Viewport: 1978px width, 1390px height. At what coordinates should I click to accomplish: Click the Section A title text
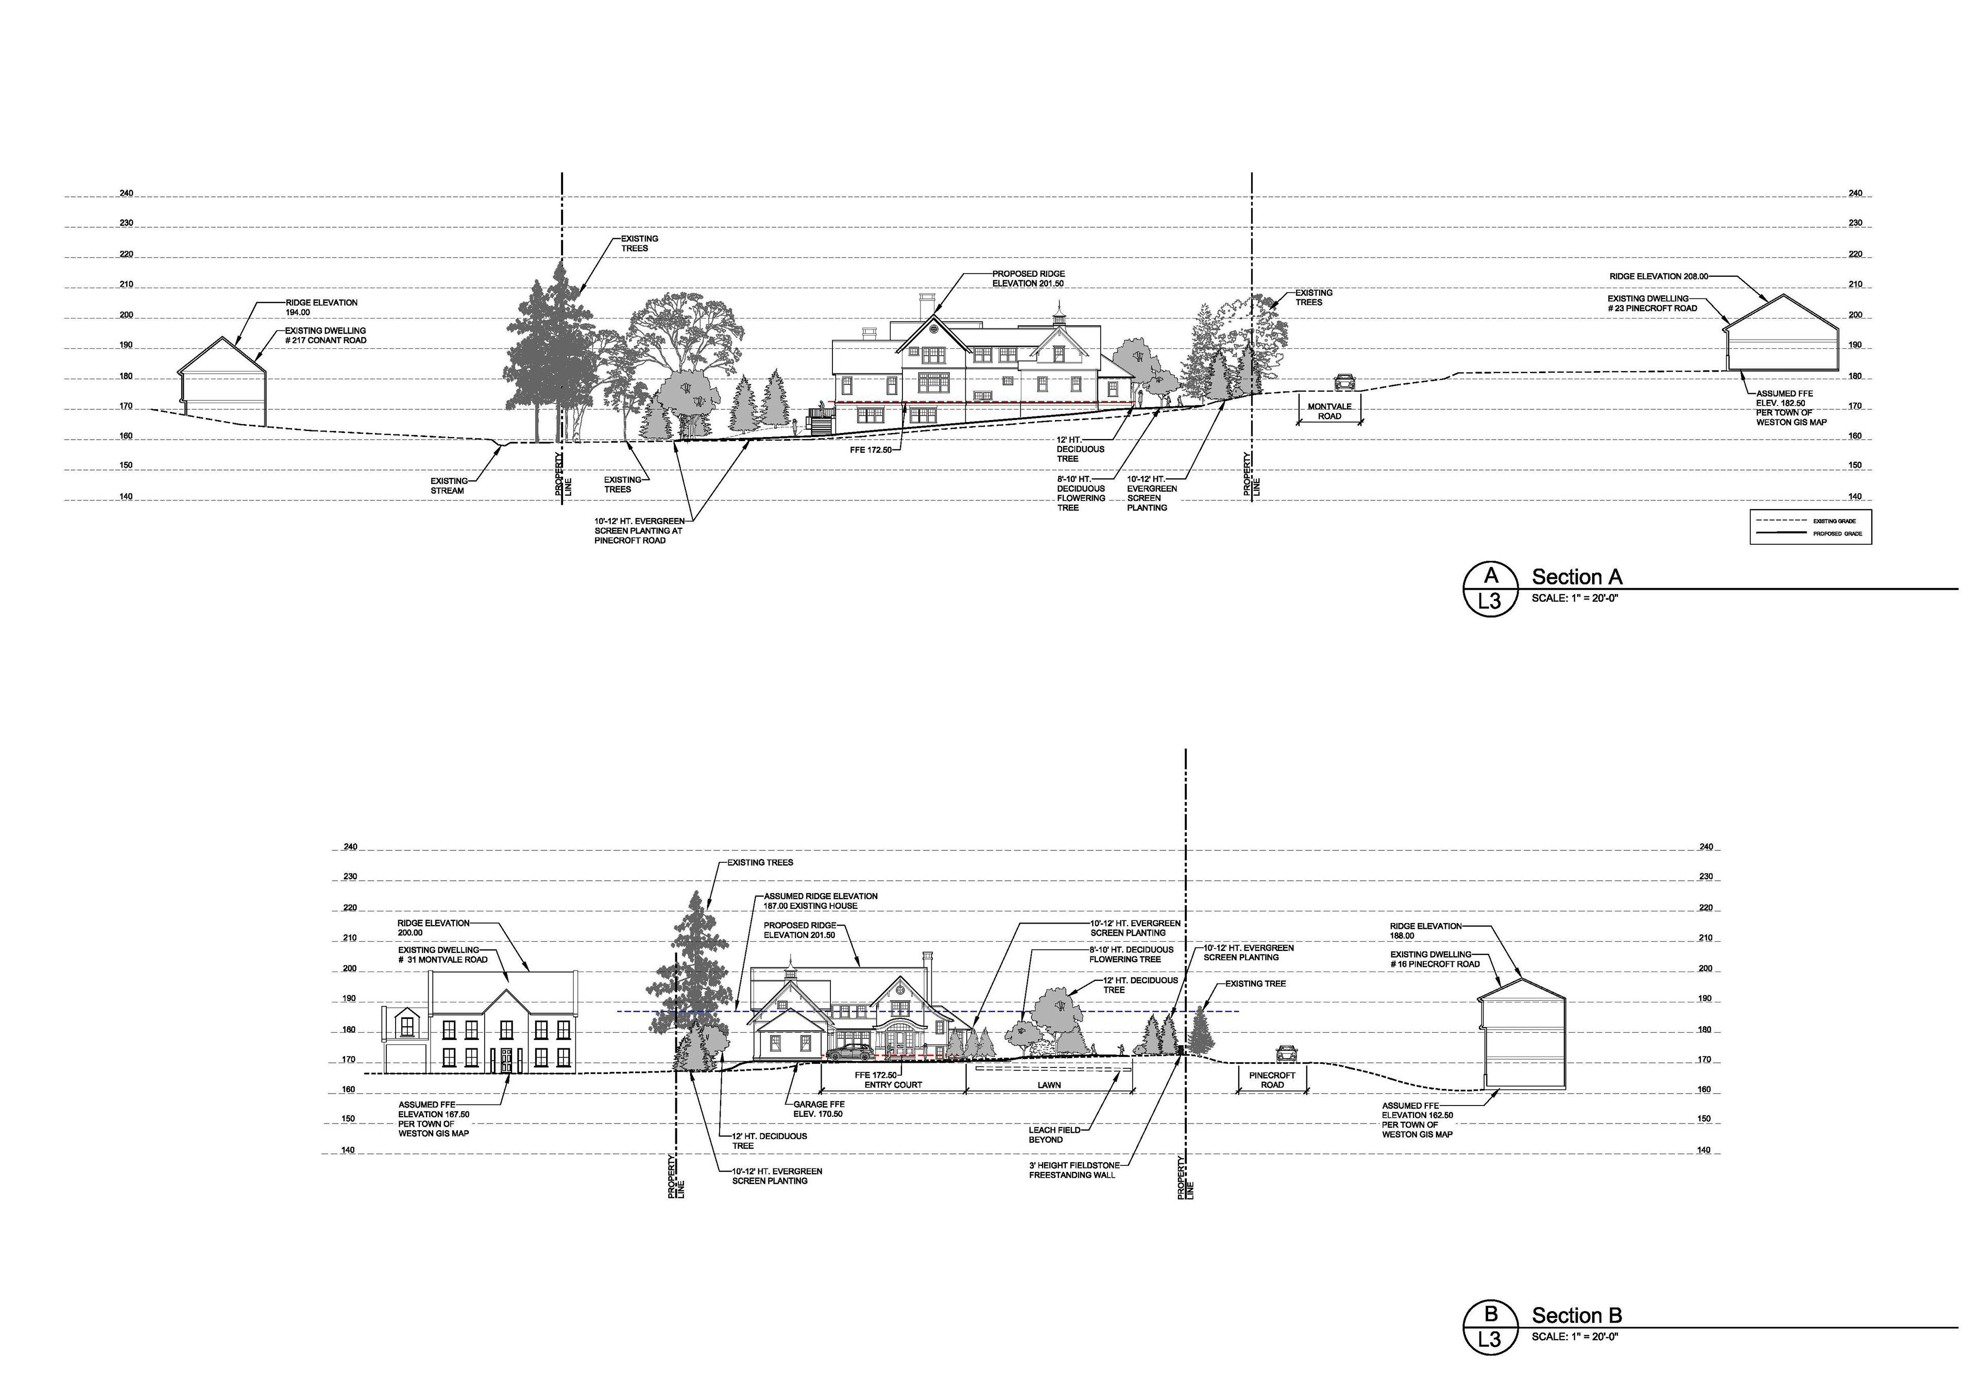click(x=1577, y=577)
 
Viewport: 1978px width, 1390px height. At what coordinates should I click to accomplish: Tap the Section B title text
click(x=1577, y=1315)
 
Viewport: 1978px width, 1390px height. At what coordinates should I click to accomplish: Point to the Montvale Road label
click(x=1329, y=411)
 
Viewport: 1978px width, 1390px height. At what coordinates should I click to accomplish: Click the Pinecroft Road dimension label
click(x=1272, y=1080)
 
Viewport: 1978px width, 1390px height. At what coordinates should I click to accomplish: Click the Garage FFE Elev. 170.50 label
click(x=819, y=1109)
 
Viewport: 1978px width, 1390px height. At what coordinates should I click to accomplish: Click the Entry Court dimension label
click(x=893, y=1085)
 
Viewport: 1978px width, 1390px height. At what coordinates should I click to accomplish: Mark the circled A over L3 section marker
click(x=1490, y=589)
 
